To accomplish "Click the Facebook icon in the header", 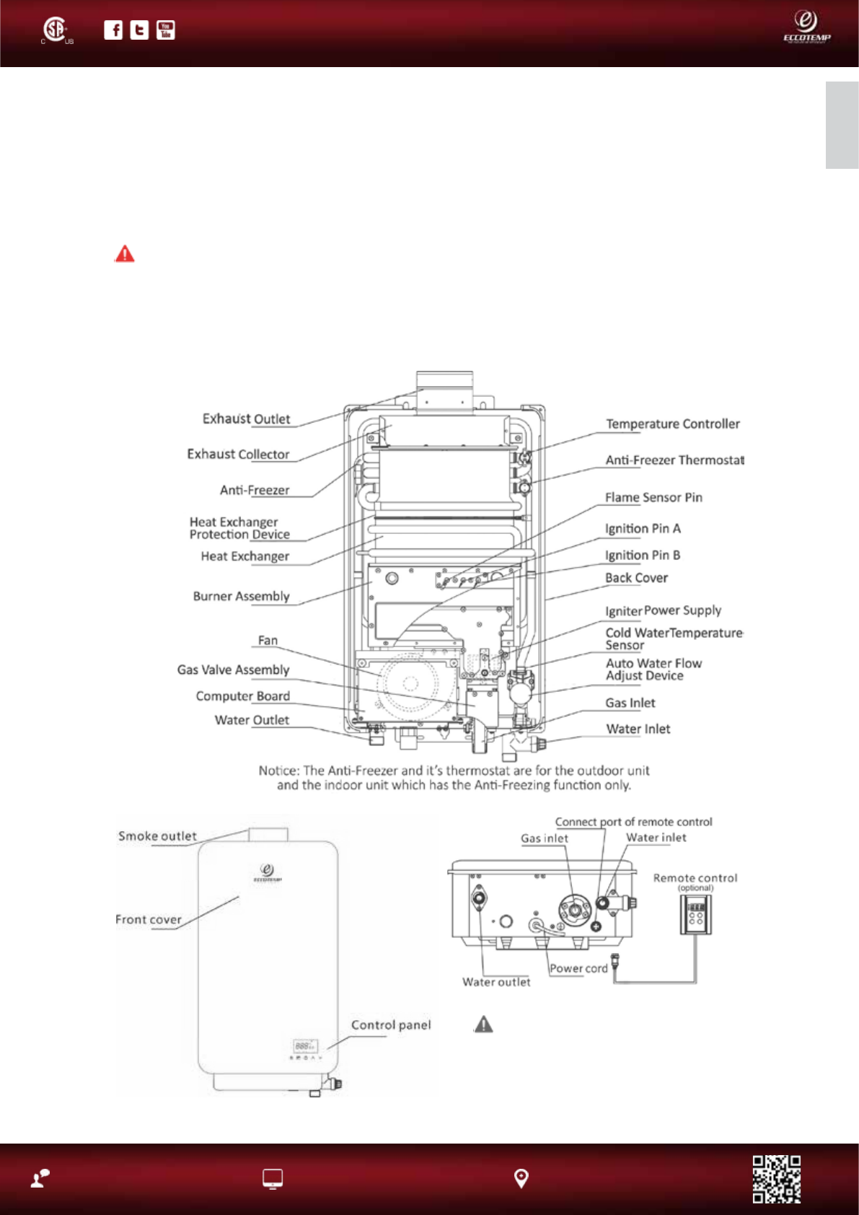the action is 113,30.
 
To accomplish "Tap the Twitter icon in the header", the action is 139,30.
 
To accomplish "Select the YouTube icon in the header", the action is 165,30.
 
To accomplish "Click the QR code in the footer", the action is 776,1179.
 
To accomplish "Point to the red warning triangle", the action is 125,253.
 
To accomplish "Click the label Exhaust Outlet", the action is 246,418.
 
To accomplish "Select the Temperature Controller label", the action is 672,424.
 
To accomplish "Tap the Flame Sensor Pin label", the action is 653,497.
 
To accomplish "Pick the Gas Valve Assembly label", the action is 233,670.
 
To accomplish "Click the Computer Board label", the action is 243,696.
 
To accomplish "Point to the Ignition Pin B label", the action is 643,555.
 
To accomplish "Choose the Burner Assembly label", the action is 242,596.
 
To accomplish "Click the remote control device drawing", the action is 696,915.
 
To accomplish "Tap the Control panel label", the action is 391,1025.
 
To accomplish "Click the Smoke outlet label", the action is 157,836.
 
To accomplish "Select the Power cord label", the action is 578,968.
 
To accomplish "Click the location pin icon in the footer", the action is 521,1179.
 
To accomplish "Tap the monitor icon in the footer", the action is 272,1179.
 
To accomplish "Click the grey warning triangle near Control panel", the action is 483,1024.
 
